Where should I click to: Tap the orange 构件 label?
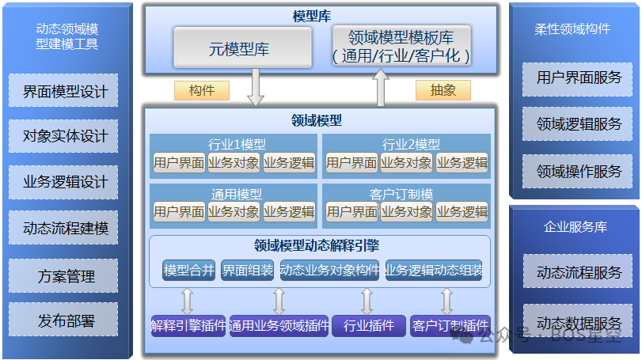[202, 90]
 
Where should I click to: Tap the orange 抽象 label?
[443, 90]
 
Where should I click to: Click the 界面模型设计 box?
[65, 91]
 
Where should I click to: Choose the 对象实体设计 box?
[65, 136]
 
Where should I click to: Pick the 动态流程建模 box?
[65, 229]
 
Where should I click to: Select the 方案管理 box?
[65, 276]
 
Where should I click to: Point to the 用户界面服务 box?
[579, 78]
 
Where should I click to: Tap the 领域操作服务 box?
[579, 171]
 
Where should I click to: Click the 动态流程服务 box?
[579, 273]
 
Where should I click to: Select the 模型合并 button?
[188, 271]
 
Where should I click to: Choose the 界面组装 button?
[248, 271]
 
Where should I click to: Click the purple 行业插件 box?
[367, 325]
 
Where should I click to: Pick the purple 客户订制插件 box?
[450, 325]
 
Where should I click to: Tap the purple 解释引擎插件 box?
[188, 325]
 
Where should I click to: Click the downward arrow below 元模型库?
[255, 88]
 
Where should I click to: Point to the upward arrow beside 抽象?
[381, 88]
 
